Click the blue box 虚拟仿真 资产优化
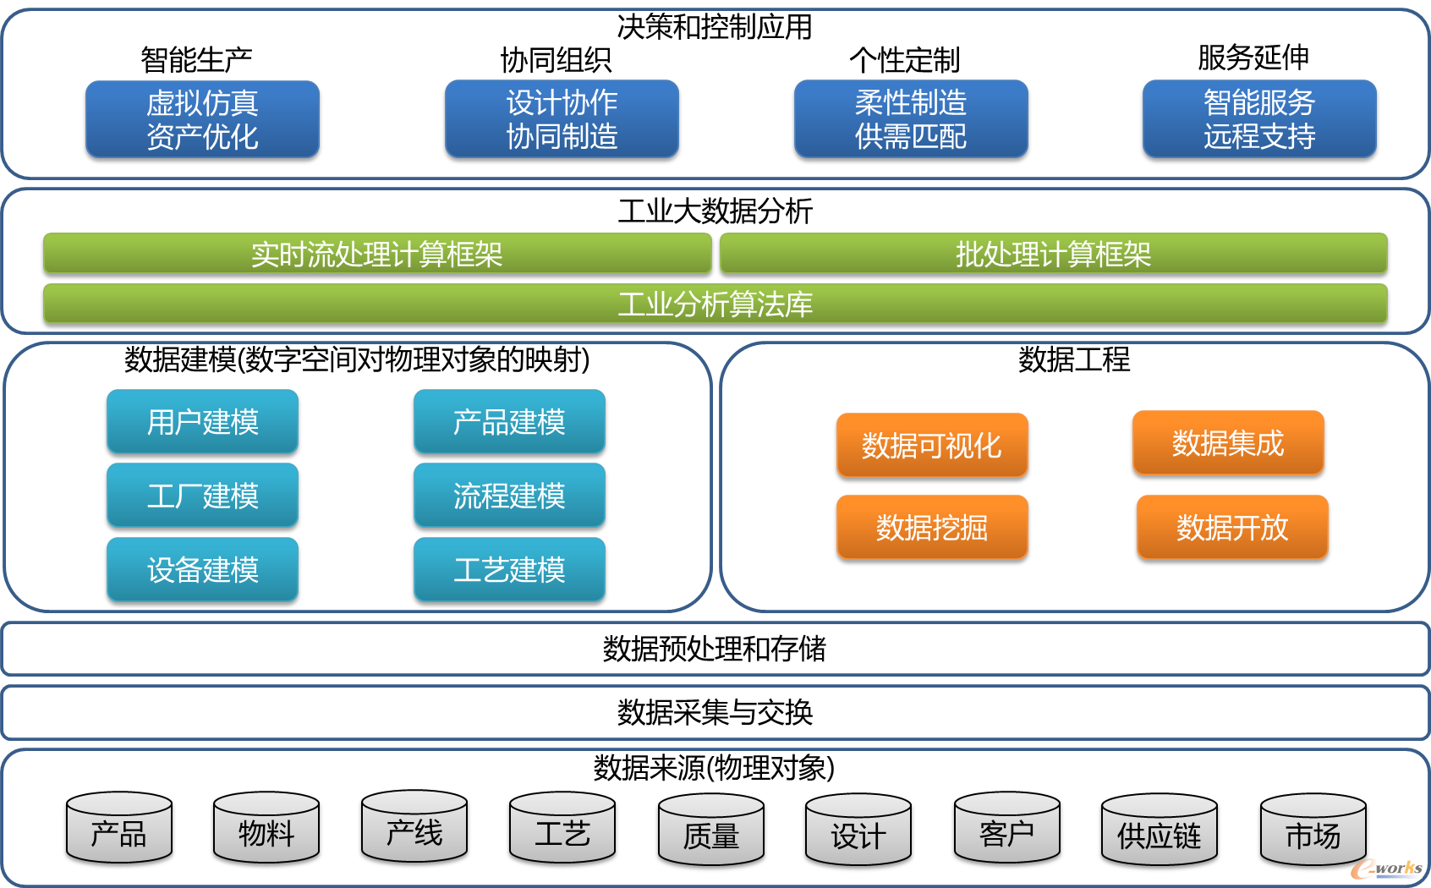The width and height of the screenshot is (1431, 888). (202, 119)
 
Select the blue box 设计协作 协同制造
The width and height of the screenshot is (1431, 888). (562, 119)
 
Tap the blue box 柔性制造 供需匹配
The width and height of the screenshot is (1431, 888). (911, 119)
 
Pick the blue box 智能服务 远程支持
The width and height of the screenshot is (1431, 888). (1260, 119)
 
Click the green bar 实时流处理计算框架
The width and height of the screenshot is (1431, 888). (377, 254)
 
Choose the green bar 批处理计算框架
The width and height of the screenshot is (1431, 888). (1054, 254)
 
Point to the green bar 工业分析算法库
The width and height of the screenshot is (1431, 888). (715, 304)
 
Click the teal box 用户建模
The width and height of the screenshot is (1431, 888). (202, 422)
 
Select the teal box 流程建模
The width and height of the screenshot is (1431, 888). (509, 496)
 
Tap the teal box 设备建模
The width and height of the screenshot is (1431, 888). (202, 569)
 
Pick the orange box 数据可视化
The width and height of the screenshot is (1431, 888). (932, 446)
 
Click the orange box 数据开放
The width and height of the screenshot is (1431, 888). (1232, 528)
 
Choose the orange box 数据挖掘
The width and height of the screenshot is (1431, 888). (932, 528)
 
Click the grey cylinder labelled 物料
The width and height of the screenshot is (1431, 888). (266, 827)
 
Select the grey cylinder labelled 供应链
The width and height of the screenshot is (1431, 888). (1160, 830)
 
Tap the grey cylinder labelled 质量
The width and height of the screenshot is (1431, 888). (711, 830)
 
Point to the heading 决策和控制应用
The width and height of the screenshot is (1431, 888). (715, 27)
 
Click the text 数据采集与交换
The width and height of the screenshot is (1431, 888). (715, 712)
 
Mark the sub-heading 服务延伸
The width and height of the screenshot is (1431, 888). (1253, 58)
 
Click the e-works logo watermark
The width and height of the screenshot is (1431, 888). (1386, 869)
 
